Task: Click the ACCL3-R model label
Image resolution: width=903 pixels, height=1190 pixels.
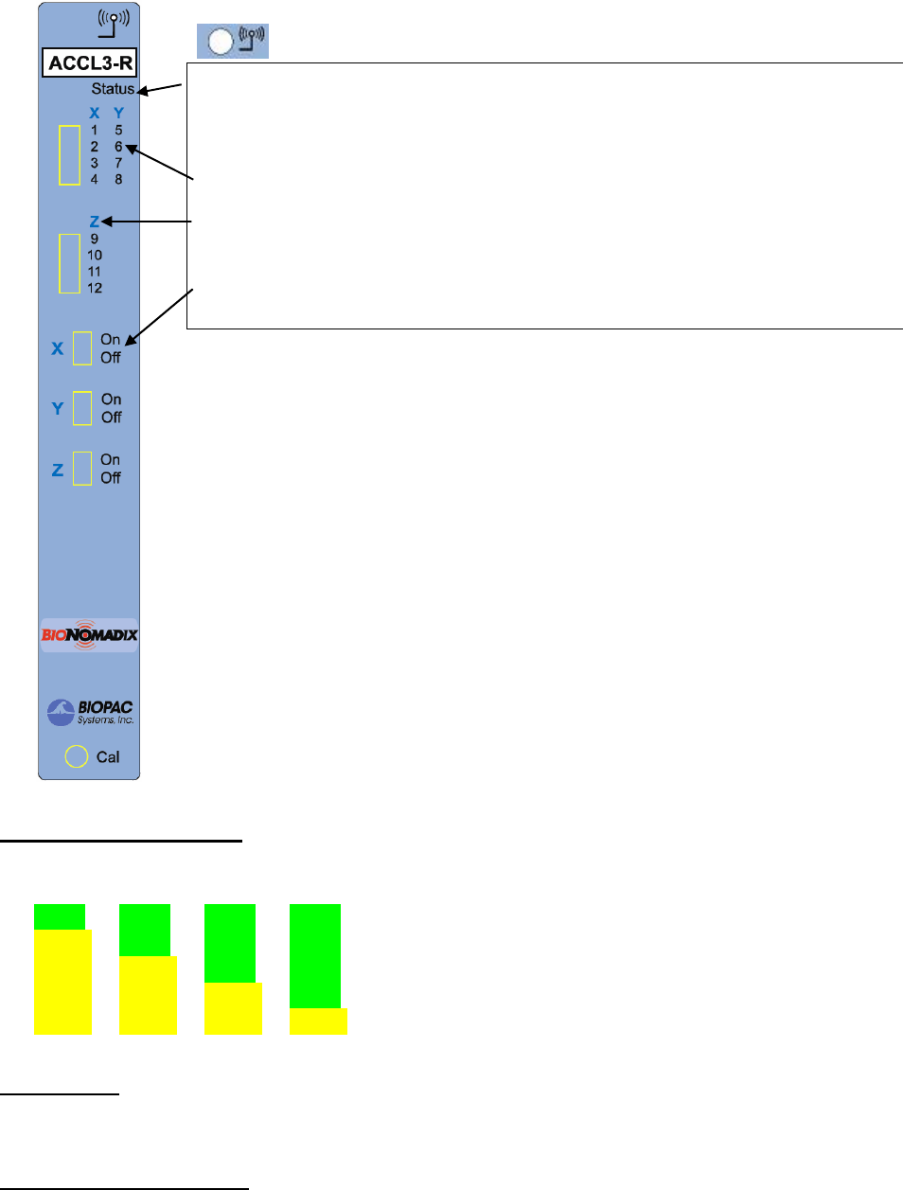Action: (90, 63)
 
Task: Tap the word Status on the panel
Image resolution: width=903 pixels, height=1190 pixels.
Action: (113, 89)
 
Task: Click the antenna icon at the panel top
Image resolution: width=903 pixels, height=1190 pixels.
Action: (114, 23)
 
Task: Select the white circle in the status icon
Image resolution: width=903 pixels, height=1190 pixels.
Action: (221, 42)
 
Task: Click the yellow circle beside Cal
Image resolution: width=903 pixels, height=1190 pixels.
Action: (76, 756)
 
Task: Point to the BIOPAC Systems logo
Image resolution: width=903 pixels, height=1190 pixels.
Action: (90, 712)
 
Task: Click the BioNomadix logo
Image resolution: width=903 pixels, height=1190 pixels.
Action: (89, 634)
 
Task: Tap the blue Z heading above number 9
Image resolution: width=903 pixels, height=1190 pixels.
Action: (95, 222)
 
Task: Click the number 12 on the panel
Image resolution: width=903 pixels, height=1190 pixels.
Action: (95, 288)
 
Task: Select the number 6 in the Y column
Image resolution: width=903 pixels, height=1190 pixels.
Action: (118, 147)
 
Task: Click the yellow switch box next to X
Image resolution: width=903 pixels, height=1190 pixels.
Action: (82, 348)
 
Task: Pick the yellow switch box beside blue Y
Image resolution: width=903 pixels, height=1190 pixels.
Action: (82, 408)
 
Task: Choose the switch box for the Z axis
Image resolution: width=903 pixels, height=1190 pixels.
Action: (82, 469)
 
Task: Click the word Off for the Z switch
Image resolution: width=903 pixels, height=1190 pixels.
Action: (111, 478)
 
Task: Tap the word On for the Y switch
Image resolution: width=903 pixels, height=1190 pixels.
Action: (112, 400)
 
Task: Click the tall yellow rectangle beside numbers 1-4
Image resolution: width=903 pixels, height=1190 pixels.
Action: (69, 154)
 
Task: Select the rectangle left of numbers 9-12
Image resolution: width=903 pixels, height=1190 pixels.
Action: (69, 263)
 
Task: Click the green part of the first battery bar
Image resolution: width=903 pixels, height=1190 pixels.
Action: (60, 916)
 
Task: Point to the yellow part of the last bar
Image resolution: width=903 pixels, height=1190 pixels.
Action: (318, 1021)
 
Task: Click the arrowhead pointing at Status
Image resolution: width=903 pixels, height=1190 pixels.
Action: (143, 92)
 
